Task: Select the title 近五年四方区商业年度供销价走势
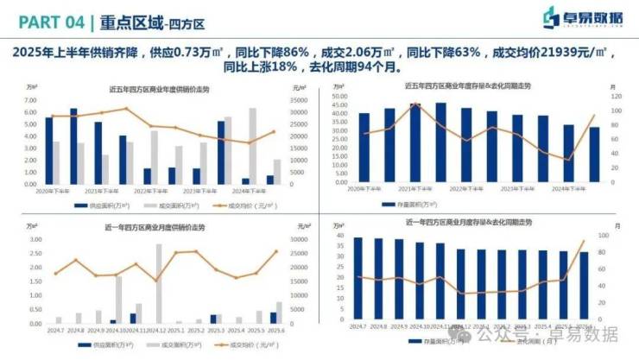160,89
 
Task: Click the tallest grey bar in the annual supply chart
253,145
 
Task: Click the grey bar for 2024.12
159,283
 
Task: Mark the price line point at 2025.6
276,252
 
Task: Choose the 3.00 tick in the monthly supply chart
35,239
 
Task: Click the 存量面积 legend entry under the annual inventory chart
419,205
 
